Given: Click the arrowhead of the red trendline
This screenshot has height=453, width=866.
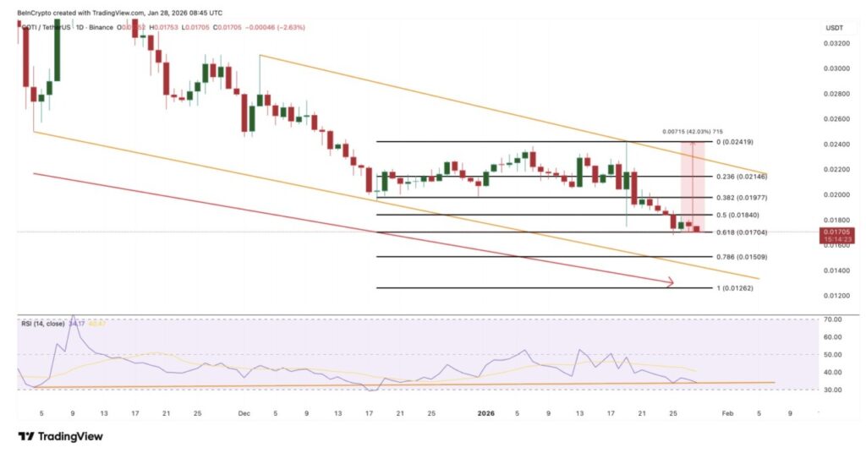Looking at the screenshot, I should [671, 283].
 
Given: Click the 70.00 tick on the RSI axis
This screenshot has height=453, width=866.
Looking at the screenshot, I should [836, 319].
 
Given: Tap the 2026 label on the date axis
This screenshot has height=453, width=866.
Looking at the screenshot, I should [485, 413].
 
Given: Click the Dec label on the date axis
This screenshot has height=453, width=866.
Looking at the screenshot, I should [244, 413].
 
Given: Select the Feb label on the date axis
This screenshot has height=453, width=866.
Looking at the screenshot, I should [727, 413].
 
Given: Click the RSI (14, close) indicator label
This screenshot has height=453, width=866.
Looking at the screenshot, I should [43, 323].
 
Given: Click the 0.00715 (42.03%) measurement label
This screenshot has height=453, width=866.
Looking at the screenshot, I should [692, 132].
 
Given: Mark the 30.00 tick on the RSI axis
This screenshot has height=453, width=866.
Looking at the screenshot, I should [836, 390].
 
